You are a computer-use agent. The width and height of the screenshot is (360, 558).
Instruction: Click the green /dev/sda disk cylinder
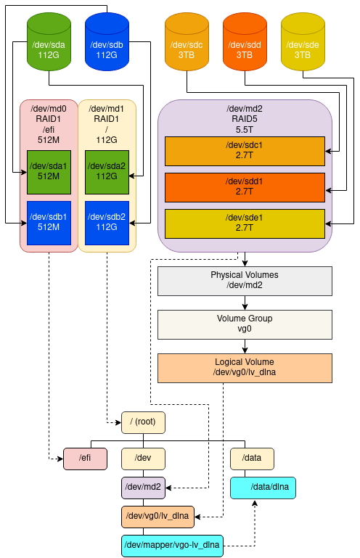coord(49,42)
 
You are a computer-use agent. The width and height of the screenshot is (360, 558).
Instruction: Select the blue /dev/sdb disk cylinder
coord(107,42)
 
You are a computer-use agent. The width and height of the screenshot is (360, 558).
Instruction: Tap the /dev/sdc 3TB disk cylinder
coord(187,42)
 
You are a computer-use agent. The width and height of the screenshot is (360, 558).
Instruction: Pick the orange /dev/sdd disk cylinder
coord(245,42)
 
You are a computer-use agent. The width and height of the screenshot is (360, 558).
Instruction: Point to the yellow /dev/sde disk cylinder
coord(303,42)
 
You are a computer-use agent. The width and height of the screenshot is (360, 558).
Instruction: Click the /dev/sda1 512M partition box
coord(49,172)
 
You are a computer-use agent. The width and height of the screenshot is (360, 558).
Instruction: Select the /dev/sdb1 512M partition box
coord(49,223)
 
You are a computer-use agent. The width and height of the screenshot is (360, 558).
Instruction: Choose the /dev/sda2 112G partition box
coord(107,172)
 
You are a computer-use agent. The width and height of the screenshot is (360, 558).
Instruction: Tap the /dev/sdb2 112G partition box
coord(107,223)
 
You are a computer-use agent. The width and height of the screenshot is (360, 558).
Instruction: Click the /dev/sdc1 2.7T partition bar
coord(245,151)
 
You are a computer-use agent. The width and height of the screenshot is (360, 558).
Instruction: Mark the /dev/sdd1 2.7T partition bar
coord(245,187)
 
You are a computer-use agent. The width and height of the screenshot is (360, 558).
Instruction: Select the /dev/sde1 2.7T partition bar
coord(245,223)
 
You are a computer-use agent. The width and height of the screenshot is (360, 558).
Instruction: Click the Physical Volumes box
coord(245,281)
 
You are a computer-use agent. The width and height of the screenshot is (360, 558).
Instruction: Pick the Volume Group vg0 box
coord(245,324)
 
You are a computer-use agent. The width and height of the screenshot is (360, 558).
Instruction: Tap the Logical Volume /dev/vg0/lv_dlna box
coord(245,369)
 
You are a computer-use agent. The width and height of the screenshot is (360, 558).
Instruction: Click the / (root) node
coord(143,423)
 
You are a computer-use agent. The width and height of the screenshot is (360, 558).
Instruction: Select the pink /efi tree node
coord(85,459)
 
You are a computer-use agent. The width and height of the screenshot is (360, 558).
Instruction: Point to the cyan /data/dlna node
coord(263,488)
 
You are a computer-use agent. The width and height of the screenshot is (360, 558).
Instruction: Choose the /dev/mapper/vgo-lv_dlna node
coord(172,546)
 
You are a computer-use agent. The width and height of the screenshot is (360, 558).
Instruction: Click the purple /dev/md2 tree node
coord(143,488)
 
